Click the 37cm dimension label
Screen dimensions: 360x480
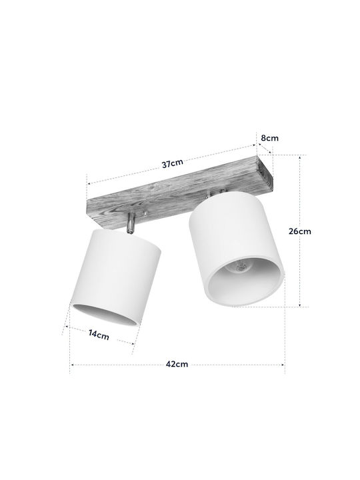173,163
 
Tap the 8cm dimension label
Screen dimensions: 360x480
270,138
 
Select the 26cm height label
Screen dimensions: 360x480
300,231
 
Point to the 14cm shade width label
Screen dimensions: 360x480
99,334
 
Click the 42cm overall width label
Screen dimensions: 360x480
177,364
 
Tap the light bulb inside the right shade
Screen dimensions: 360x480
241,267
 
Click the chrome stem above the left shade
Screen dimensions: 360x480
131,222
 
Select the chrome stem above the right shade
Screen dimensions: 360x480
208,194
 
